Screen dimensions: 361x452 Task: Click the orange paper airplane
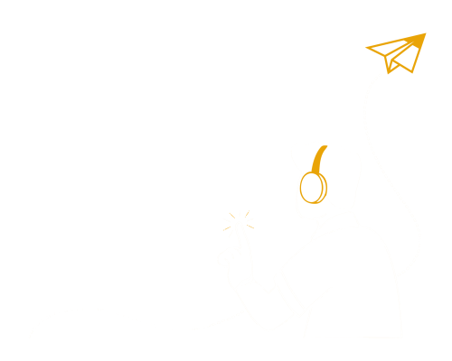(x=398, y=52)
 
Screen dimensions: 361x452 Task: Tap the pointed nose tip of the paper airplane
(x=424, y=35)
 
